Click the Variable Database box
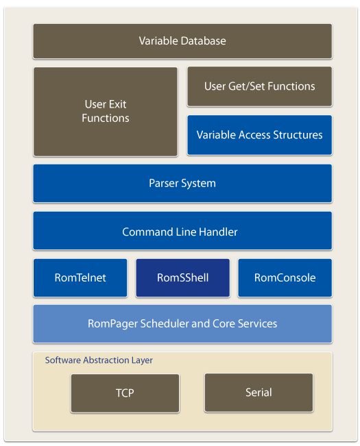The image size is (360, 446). pos(182,41)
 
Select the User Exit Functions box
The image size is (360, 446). pos(105,111)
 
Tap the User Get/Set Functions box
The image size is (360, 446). pos(259,86)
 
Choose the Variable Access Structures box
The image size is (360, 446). pos(259,135)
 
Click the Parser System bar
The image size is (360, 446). pos(182,183)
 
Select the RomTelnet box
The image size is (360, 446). pos(80,277)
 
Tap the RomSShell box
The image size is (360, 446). pos(182,277)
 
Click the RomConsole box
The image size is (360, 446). pos(285,277)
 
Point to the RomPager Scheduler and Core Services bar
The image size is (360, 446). pos(182,323)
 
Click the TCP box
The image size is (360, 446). pos(125,393)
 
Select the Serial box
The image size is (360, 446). pos(259,393)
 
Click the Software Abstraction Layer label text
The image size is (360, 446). pos(99,360)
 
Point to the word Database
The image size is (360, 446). pos(204,41)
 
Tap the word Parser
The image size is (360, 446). pos(164,183)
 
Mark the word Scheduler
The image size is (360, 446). pos(162,323)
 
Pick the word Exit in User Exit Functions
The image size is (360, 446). pos(117,105)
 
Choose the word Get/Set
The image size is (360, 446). pos(249,86)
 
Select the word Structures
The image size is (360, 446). pos(299,135)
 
